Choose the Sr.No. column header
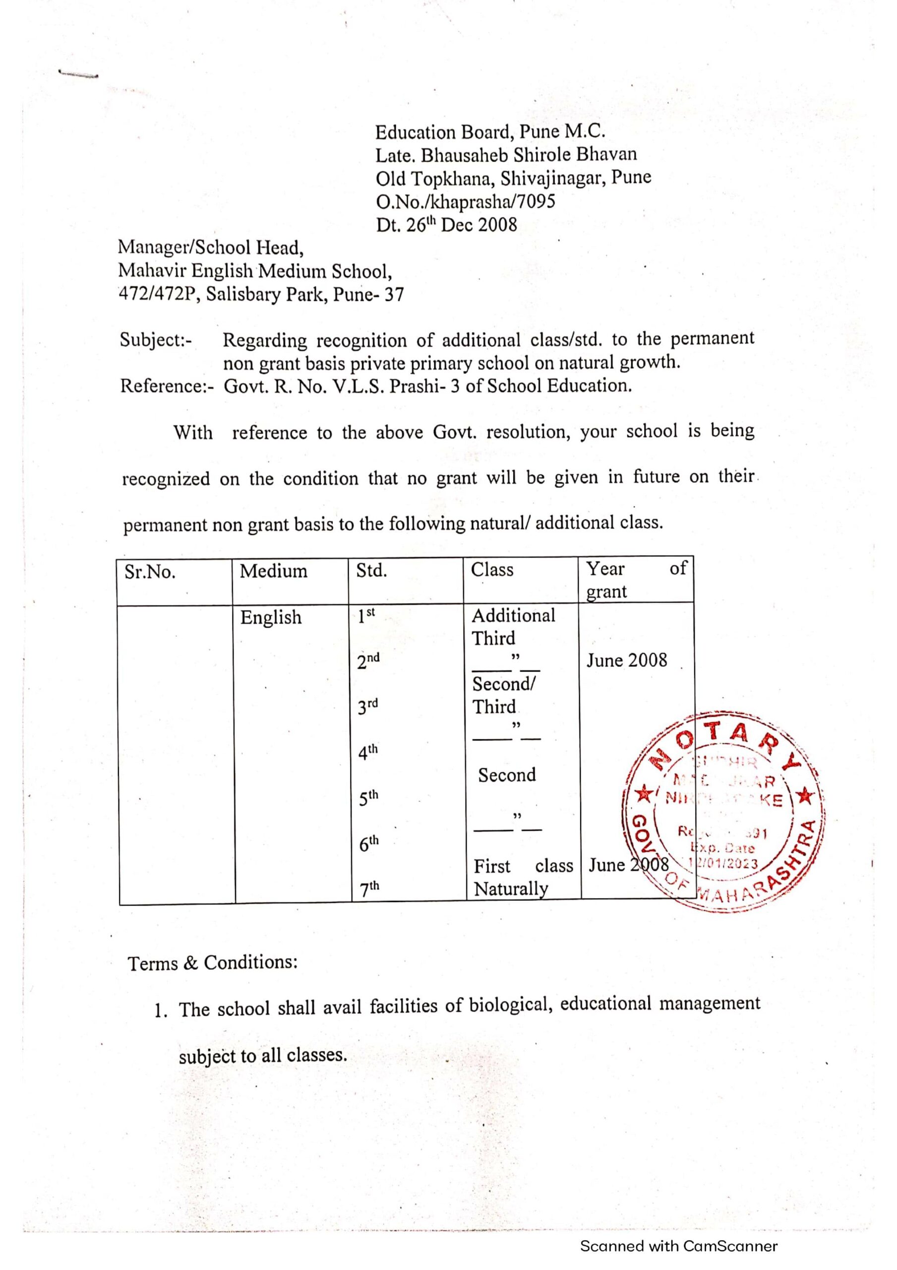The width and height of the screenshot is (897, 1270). coord(150,572)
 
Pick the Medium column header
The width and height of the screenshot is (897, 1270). coord(273,571)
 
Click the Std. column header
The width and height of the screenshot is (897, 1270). coord(371,571)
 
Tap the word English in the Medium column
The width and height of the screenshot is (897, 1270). coord(270,617)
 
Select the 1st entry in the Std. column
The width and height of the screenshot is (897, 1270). coord(365,615)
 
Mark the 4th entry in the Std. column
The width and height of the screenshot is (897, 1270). coord(367,752)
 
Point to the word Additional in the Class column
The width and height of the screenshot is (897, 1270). coord(513,616)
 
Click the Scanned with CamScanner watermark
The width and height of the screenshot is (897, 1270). coord(678,1246)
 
